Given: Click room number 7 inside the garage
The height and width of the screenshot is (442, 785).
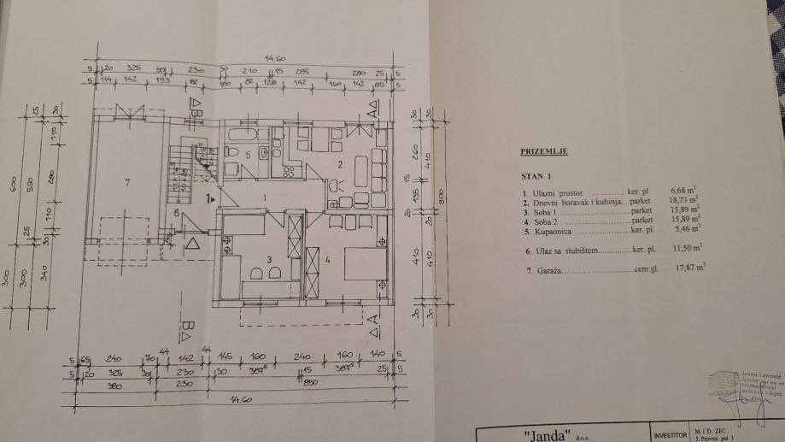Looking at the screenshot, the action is [127, 182].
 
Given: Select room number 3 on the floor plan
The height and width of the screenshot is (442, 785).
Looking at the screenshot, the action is [268, 258].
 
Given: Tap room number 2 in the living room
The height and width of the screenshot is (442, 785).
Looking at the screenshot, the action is [338, 164].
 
